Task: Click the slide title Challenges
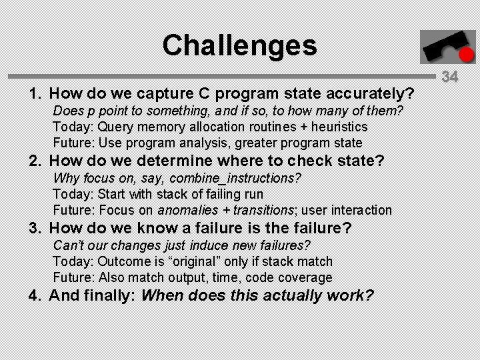tap(239, 45)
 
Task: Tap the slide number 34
tap(450, 77)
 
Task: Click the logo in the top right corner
tap(438, 47)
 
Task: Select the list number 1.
tap(33, 93)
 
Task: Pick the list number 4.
tap(33, 295)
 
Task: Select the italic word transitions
tap(262, 210)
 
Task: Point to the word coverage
tap(305, 277)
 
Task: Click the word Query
tap(116, 127)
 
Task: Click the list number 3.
tap(33, 228)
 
